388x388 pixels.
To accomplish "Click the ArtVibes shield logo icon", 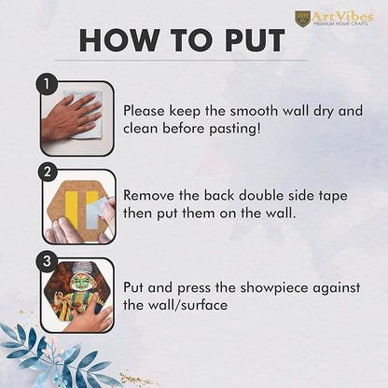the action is pyautogui.click(x=302, y=18).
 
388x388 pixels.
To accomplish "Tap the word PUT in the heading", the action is pyautogui.click(x=256, y=40).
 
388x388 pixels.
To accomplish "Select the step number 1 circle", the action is pyautogui.click(x=47, y=84).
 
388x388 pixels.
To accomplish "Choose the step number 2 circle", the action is pyautogui.click(x=47, y=172).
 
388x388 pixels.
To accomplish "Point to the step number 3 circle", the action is pyautogui.click(x=47, y=261).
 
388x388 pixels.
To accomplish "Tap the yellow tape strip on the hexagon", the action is pyautogui.click(x=72, y=209).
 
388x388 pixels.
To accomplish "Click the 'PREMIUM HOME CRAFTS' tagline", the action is pyautogui.click(x=340, y=23).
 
